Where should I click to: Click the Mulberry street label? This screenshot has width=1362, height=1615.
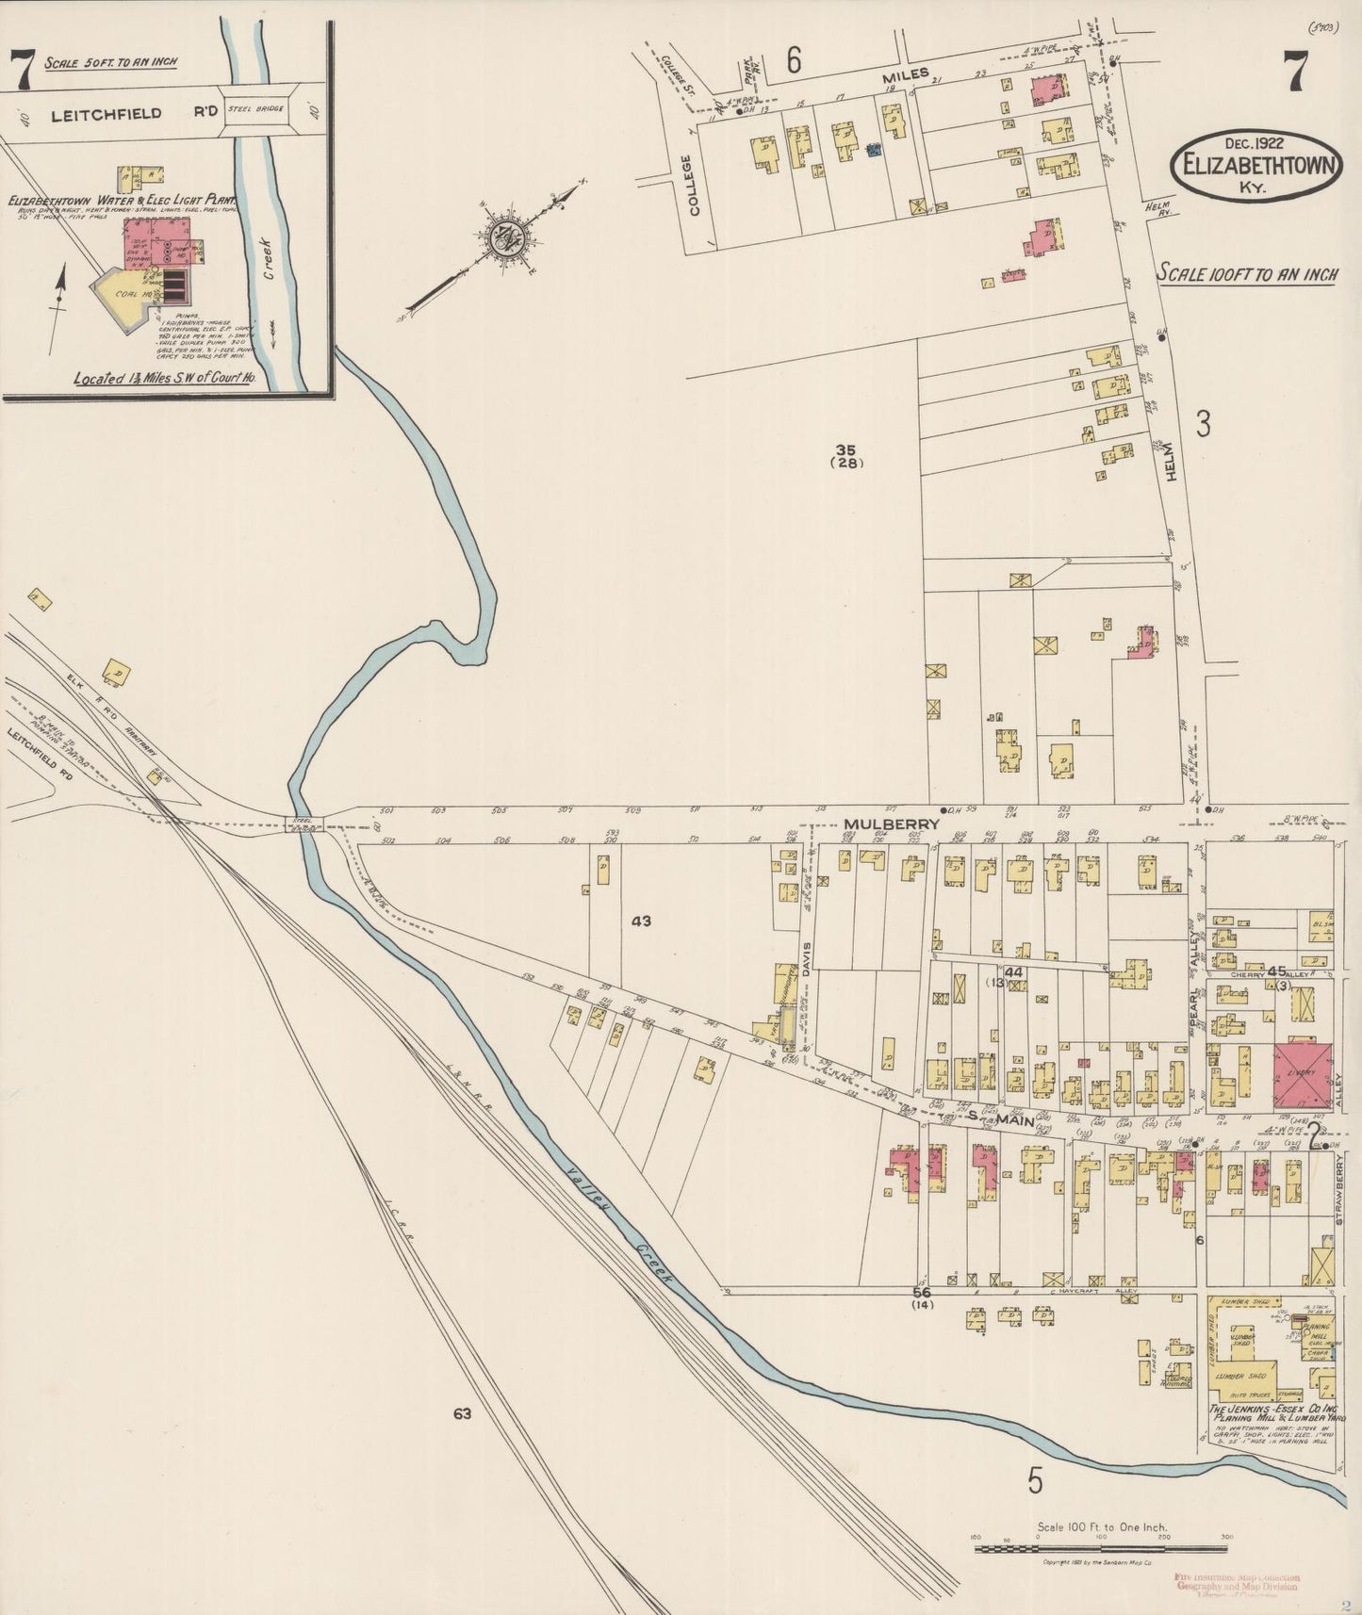point(891,824)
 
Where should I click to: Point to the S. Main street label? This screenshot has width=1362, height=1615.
point(1001,1117)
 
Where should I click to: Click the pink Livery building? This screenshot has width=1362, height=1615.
point(1303,1074)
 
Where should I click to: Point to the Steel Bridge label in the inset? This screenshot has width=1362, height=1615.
point(254,110)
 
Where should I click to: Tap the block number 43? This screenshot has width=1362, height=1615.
point(641,921)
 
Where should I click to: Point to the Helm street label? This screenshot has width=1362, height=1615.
point(1172,462)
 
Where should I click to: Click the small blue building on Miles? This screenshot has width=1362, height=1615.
point(874,149)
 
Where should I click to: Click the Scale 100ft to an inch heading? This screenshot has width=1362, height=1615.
point(1247,274)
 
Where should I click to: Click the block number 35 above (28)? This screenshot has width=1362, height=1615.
point(845,449)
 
